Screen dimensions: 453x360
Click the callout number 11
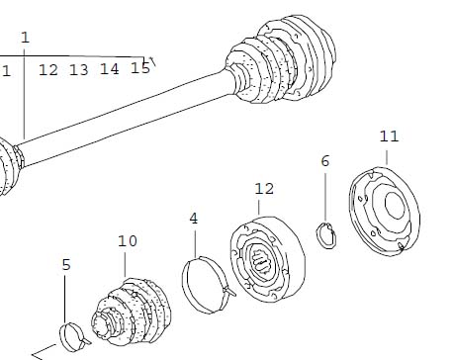389,136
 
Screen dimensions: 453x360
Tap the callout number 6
325,161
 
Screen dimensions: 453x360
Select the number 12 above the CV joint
264,189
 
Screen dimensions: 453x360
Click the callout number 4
194,219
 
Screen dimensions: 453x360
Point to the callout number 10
128,241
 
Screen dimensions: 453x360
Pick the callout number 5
66,265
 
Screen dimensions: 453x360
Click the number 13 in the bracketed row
79,70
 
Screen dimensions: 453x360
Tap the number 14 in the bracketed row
110,69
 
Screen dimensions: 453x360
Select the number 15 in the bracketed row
140,67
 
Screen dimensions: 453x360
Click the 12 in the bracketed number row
48,70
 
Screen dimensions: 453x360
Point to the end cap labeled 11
384,211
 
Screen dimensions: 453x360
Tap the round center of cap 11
395,205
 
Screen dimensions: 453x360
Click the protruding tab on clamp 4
229,292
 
